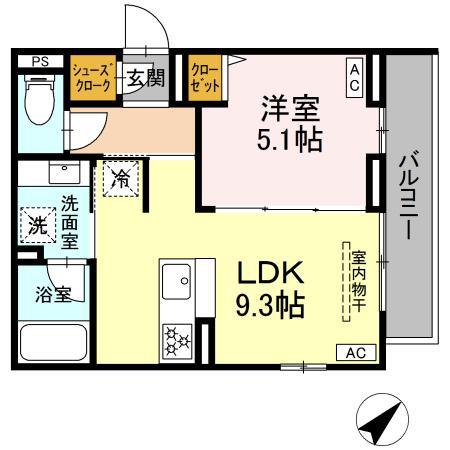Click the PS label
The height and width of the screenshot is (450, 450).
pos(39,61)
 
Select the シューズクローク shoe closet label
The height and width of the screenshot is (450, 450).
pos(92,76)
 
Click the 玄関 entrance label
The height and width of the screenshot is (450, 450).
pos(145,78)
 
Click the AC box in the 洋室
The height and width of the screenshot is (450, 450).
pos(355,77)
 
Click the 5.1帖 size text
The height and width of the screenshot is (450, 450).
pos(291,140)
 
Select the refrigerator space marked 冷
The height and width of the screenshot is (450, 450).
pos(119,181)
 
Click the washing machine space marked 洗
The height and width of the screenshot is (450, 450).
pos(37,224)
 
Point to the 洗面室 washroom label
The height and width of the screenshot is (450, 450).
pos(68,219)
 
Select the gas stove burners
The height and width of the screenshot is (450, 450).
pos(177,340)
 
